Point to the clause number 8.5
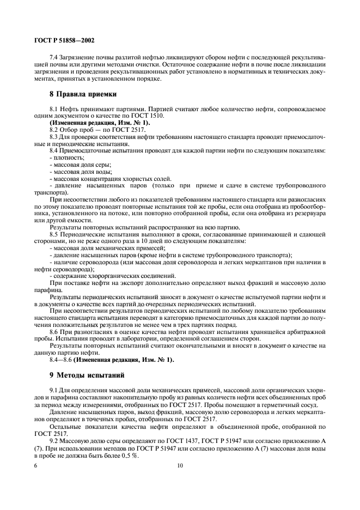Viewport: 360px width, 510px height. [54, 233]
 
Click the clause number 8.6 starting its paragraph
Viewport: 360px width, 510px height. [54, 331]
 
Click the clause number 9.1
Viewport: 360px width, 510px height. [54, 392]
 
